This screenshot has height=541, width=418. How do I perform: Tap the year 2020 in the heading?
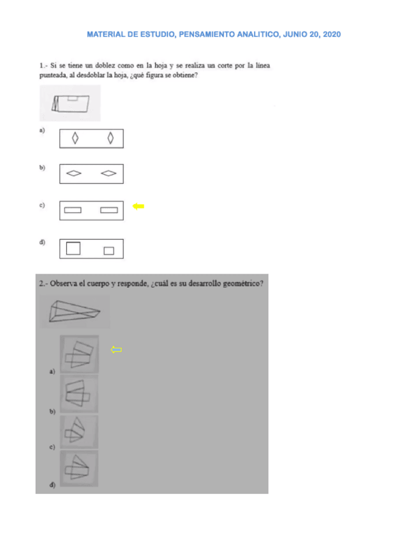pos(330,34)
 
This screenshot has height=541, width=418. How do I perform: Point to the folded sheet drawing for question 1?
pos(70,103)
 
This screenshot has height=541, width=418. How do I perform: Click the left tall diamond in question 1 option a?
pos(75,138)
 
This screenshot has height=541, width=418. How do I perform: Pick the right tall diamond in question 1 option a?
pos(110,138)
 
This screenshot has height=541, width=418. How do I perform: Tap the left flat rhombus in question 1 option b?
pos(74,173)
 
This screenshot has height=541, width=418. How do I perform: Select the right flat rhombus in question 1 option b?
pos(109,173)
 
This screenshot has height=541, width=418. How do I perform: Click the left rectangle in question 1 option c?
pos(73,210)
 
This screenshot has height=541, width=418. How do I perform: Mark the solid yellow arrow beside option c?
pos(138,206)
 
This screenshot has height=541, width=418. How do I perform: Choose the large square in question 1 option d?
pos(73,248)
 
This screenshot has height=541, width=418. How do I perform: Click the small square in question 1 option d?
pos(108,250)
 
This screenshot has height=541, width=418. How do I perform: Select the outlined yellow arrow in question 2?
pos(116,349)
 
